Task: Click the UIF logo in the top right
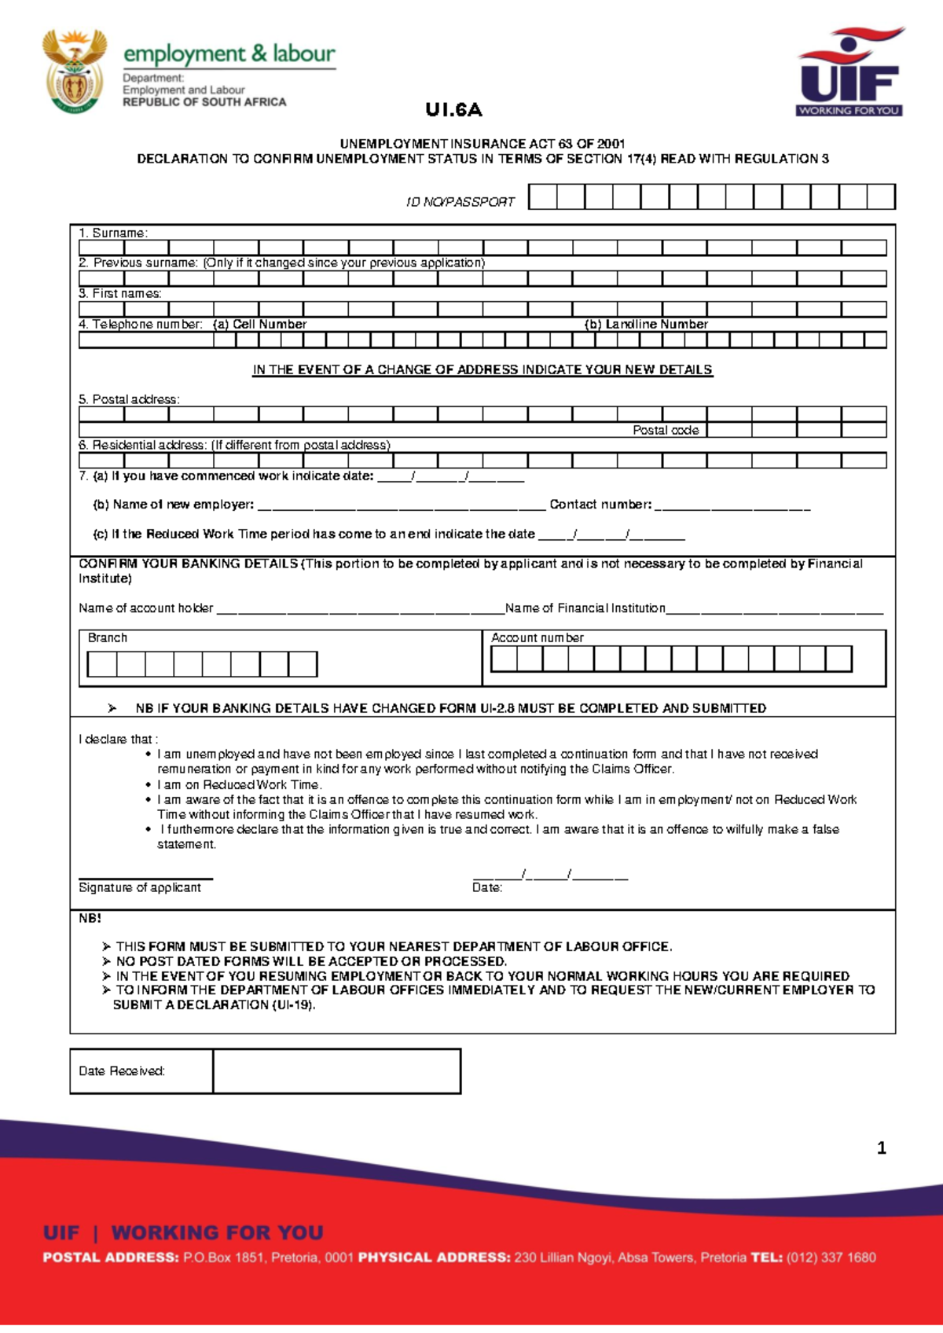click(x=850, y=72)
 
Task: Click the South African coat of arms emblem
click(x=75, y=72)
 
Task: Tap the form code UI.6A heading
click(x=453, y=110)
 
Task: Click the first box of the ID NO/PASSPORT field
click(x=543, y=196)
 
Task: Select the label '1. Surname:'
click(x=113, y=233)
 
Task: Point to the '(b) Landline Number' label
click(x=646, y=325)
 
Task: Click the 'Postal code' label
click(x=666, y=431)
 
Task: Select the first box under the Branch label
click(x=102, y=664)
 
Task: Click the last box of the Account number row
click(x=838, y=659)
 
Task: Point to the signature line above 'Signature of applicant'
click(x=145, y=878)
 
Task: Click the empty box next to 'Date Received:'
click(x=336, y=1071)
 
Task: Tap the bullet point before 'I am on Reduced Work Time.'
click(x=148, y=785)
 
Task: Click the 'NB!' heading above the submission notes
click(x=90, y=918)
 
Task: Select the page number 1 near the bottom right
click(x=882, y=1148)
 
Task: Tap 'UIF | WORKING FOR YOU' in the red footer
click(x=183, y=1232)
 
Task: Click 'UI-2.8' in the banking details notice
click(x=497, y=708)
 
